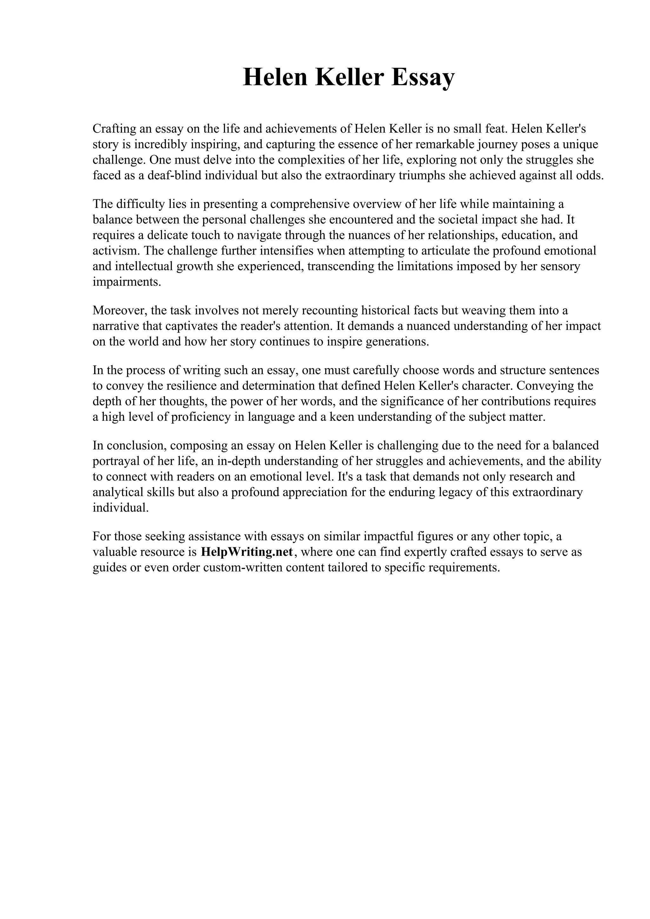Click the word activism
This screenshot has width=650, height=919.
point(116,251)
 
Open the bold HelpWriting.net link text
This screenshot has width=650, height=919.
point(247,552)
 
